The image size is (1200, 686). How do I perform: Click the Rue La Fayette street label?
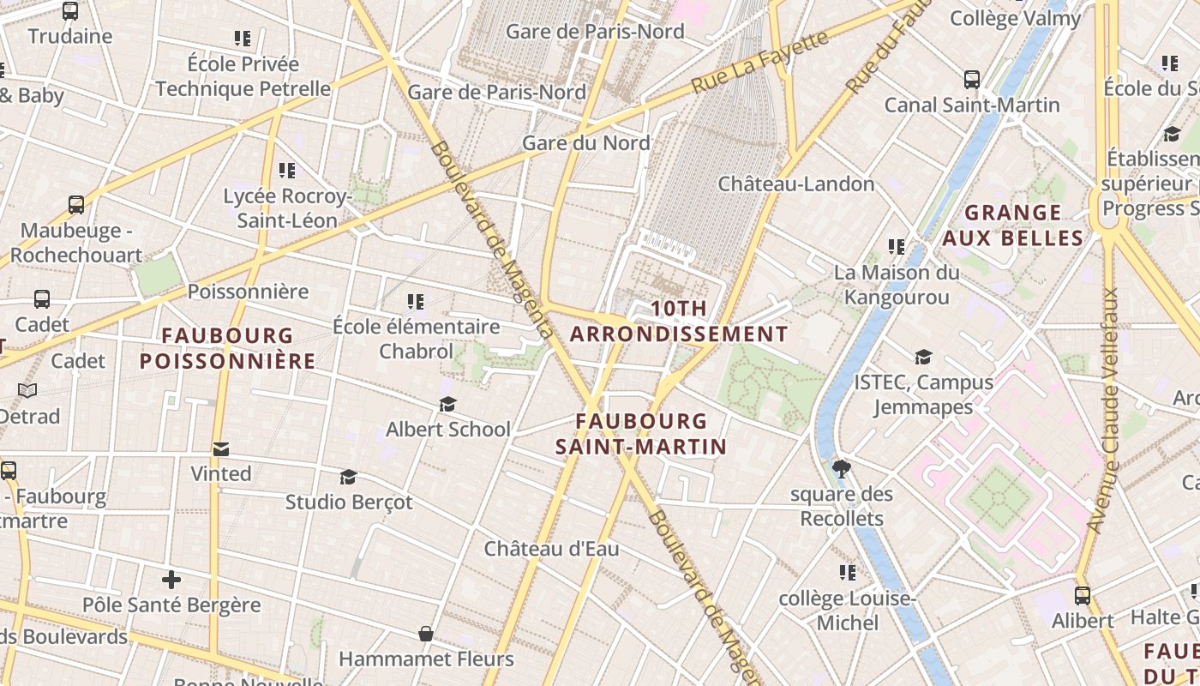click(x=760, y=62)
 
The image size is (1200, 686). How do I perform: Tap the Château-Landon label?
click(x=796, y=184)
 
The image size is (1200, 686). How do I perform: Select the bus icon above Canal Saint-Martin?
click(x=972, y=80)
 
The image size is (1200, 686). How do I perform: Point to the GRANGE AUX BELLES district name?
click(x=1013, y=225)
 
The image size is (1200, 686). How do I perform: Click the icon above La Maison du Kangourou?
click(x=897, y=247)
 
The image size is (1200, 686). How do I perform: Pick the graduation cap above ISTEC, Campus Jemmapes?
click(x=923, y=357)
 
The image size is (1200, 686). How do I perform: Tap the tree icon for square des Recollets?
click(x=842, y=468)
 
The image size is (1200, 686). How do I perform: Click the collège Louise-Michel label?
click(x=847, y=610)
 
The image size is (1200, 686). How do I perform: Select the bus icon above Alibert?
click(x=1083, y=595)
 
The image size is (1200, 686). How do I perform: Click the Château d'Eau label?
click(x=551, y=549)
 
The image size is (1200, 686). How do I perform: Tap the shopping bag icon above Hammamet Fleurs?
click(x=426, y=634)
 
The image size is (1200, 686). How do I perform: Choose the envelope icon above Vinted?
click(x=221, y=448)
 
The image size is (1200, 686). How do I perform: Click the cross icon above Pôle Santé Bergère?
click(x=171, y=580)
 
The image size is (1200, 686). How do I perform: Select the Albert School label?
click(x=447, y=429)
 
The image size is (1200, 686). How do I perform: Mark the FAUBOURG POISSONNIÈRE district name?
click(x=228, y=347)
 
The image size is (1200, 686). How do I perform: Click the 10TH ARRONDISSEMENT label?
click(x=679, y=322)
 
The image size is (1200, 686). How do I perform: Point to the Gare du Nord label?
click(x=586, y=142)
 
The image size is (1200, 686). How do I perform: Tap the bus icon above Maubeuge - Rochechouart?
click(x=76, y=205)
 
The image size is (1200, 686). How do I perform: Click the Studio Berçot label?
click(x=349, y=502)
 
